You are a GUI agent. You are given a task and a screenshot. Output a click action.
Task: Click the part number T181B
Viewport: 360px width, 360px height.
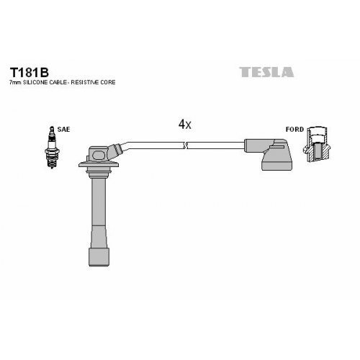tap(29, 72)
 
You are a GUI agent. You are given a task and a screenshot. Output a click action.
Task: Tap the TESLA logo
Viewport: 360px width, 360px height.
tap(266, 72)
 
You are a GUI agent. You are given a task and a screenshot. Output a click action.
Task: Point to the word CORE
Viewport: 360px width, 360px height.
tap(108, 82)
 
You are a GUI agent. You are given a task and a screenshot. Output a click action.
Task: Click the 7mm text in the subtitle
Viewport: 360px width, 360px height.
tap(16, 82)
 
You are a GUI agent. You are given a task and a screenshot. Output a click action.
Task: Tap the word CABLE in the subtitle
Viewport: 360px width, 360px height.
tap(58, 82)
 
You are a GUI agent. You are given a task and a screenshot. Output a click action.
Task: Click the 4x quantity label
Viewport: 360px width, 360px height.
tap(184, 125)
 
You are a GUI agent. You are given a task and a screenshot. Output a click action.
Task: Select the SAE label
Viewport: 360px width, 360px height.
tap(63, 130)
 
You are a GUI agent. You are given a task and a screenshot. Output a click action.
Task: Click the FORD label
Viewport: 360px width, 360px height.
tap(294, 130)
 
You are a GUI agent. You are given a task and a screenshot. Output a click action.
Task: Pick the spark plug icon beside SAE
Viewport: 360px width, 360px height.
tap(52, 148)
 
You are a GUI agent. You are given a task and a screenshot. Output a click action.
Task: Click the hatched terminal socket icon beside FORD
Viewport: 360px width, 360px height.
tap(316, 145)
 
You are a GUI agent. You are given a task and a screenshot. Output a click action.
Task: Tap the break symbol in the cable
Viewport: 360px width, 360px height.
tap(185, 145)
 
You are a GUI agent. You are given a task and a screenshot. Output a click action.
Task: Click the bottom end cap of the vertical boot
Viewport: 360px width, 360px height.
tap(99, 257)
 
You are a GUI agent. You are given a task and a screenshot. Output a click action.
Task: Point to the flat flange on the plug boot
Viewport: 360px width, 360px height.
tap(99, 165)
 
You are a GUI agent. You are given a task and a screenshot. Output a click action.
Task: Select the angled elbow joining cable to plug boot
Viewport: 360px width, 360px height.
tap(117, 149)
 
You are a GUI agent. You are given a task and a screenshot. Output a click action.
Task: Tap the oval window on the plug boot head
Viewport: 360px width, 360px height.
tap(99, 155)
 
